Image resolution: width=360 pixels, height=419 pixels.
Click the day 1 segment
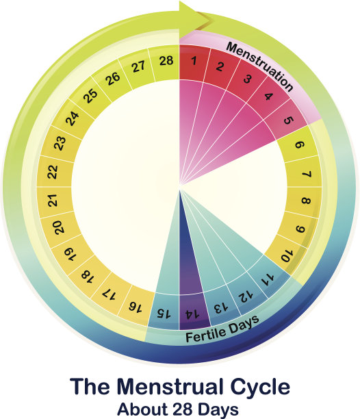[x=194, y=62]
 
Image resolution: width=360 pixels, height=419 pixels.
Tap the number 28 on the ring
[x=166, y=61]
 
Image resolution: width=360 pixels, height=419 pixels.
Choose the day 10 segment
[x=286, y=255]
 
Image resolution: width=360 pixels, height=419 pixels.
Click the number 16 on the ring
[x=136, y=307]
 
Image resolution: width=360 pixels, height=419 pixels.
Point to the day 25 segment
[x=91, y=95]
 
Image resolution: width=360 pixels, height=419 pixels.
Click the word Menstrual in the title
[x=172, y=386]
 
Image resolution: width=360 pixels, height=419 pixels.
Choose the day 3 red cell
[x=247, y=78]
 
